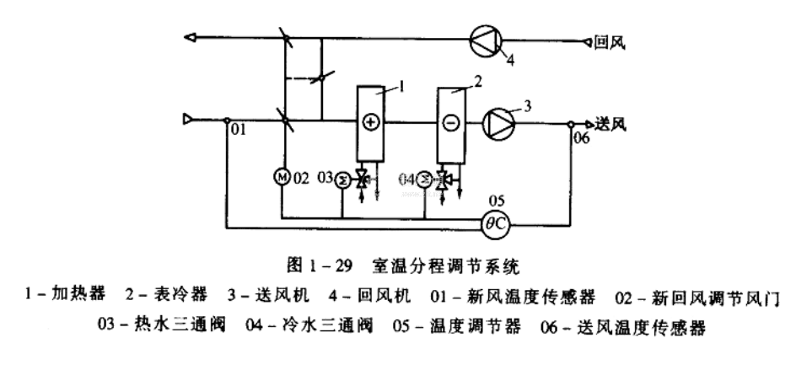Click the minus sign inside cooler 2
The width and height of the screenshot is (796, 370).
coord(450,122)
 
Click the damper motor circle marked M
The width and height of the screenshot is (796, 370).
coord(282,178)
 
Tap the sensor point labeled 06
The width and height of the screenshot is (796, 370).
coord(572,122)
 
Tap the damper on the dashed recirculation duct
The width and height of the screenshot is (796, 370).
coord(316,78)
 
